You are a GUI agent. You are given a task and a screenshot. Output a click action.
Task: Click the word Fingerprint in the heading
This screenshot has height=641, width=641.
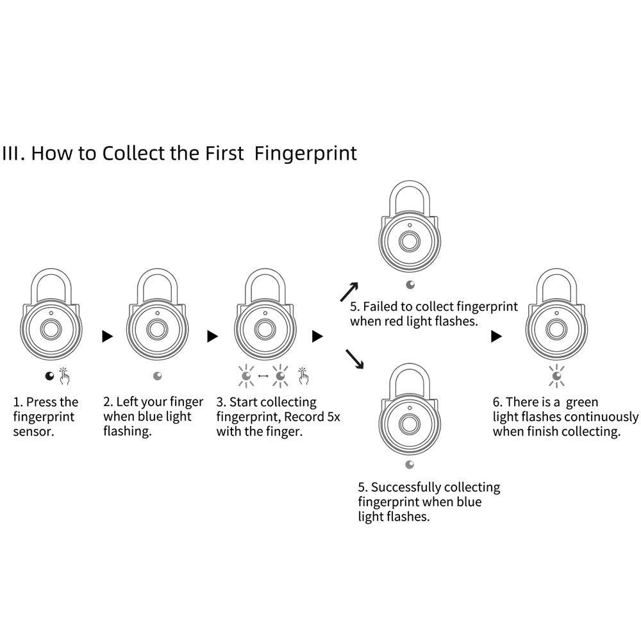tap(306, 154)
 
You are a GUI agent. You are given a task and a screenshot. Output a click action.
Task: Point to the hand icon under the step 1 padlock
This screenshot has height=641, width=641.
tap(65, 376)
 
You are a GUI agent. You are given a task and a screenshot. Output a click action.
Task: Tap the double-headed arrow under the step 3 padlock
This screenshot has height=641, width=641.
tap(262, 376)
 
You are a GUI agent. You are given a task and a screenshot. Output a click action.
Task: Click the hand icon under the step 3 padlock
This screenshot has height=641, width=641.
tap(303, 376)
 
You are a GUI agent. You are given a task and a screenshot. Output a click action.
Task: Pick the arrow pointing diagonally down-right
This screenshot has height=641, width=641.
tap(354, 360)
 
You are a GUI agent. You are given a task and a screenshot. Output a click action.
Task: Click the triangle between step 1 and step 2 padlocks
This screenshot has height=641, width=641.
tap(108, 336)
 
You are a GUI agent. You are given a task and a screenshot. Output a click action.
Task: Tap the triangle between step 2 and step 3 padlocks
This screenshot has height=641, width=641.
tap(212, 336)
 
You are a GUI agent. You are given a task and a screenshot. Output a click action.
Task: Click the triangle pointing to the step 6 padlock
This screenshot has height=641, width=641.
tap(496, 336)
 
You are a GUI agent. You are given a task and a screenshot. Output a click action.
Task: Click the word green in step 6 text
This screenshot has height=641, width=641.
tap(582, 403)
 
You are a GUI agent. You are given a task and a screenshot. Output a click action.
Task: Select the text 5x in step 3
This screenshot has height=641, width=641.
tap(333, 417)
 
